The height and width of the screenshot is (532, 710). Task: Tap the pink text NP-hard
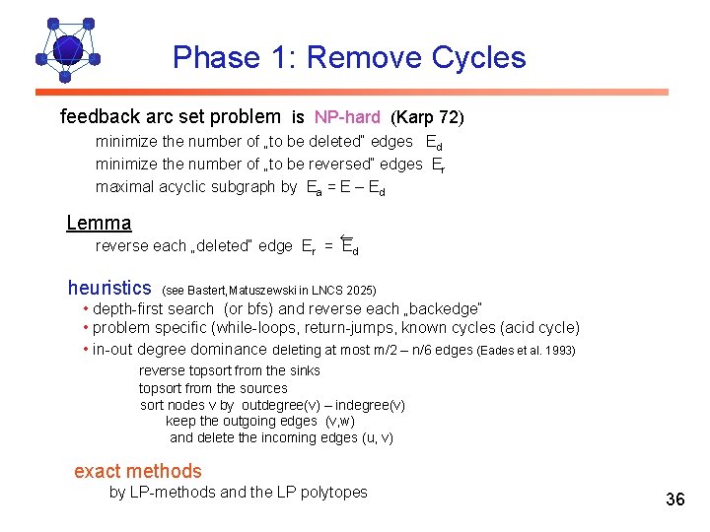coord(348,117)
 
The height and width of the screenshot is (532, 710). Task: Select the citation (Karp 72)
coord(427,117)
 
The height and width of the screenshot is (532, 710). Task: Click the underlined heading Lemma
coord(99,224)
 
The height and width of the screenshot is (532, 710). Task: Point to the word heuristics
coord(109,289)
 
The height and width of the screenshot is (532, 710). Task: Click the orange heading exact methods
coord(138,472)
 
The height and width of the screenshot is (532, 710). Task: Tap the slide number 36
coord(674,499)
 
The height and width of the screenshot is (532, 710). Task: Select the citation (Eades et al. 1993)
coord(526,350)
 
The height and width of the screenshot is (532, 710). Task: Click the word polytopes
coord(332,492)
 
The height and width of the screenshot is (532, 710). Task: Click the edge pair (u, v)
coord(378,437)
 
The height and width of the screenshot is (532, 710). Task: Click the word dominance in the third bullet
coord(233,349)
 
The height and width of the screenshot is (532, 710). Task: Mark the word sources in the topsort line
coord(262,388)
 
